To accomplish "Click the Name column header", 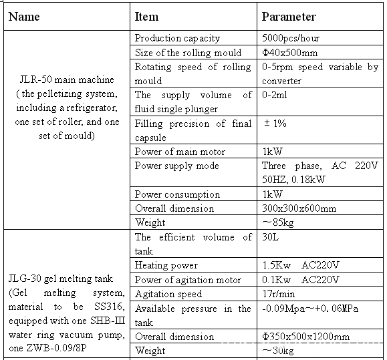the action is pyautogui.click(x=23, y=17).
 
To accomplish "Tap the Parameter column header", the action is pyautogui.click(x=289, y=17).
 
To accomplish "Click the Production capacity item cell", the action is pyautogui.click(x=177, y=39).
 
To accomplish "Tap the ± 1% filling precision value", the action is pyautogui.click(x=275, y=124).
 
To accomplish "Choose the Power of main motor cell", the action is pyautogui.click(x=180, y=152).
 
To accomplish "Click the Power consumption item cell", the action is pyautogui.click(x=177, y=194).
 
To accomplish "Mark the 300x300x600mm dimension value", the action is pyautogui.click(x=299, y=208).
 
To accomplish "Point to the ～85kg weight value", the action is pyautogui.click(x=278, y=222).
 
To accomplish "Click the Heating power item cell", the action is pyautogui.click(x=166, y=265).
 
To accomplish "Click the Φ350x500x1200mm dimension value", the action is pyautogui.click(x=306, y=337).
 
